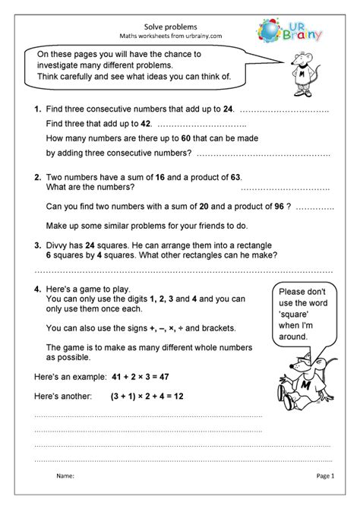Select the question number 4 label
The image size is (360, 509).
click(x=38, y=289)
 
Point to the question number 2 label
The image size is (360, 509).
click(x=38, y=177)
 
